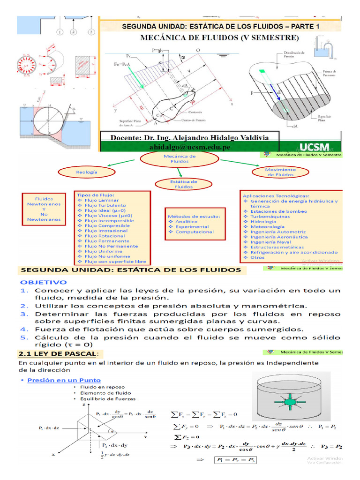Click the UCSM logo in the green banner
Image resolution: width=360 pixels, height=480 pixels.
point(314,146)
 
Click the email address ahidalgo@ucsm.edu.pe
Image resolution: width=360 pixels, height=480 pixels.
point(189,147)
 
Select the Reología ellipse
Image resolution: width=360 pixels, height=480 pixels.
point(87,172)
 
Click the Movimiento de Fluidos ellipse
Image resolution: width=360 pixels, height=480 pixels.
point(280,172)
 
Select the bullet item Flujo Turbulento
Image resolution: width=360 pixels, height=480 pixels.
point(105,205)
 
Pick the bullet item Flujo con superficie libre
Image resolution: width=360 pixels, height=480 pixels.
point(115,262)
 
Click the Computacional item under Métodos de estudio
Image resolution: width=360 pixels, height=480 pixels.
point(194,232)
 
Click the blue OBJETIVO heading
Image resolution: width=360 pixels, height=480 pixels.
point(43,283)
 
